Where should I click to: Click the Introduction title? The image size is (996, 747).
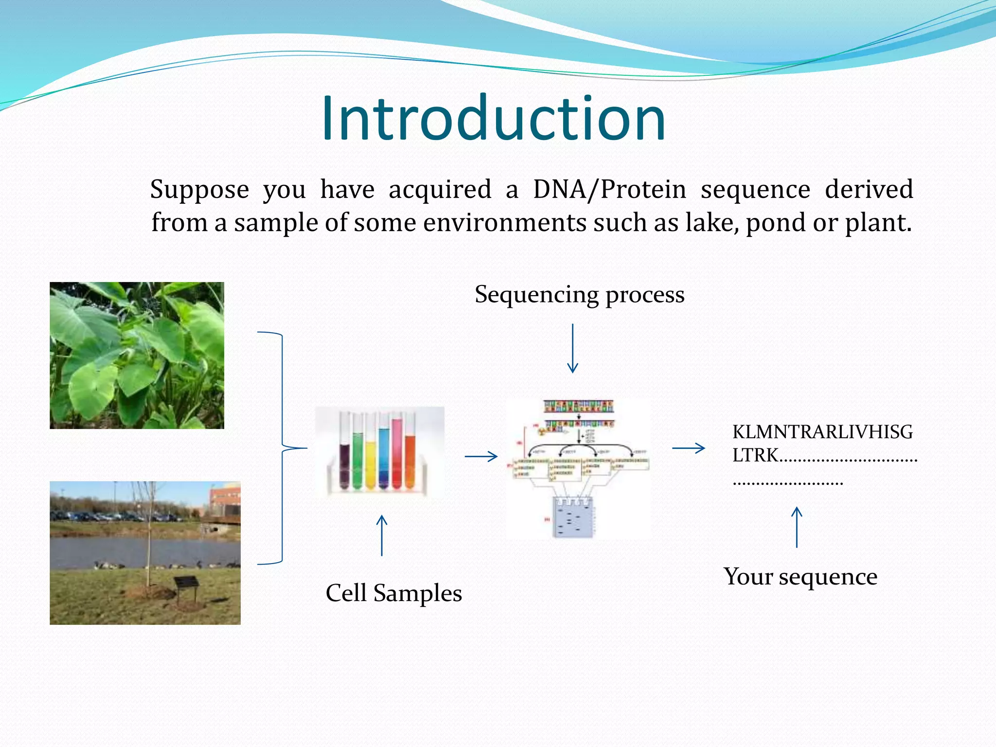pos(493,119)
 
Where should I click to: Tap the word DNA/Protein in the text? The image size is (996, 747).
pos(609,189)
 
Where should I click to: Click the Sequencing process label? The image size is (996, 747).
pos(579,295)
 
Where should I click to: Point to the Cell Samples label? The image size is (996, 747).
pos(393,593)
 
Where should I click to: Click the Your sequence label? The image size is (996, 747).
pos(800,577)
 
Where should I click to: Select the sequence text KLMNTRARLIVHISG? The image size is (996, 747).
pos(822,432)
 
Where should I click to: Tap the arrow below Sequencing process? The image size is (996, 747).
pos(572,348)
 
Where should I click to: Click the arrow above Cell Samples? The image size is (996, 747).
pos(382,535)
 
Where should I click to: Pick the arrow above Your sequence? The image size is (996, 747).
pos(797,527)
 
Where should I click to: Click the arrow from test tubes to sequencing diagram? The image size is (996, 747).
pos(481,456)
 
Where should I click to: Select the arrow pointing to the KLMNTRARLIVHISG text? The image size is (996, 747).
pos(688,448)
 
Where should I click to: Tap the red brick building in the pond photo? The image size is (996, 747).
pos(225,503)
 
